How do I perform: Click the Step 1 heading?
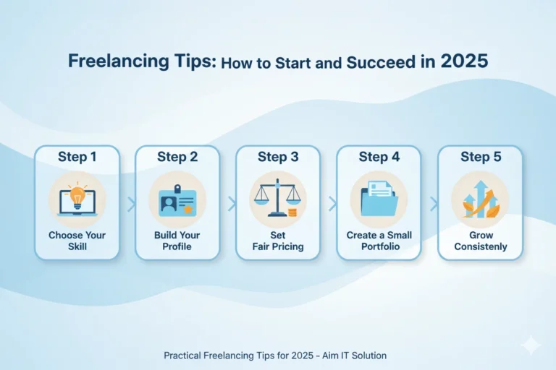point(77,157)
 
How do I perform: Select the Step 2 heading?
point(177,157)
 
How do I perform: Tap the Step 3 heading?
point(277,157)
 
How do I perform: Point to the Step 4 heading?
point(379,157)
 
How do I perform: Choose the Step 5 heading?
point(479,157)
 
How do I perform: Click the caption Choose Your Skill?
point(77,241)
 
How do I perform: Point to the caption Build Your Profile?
point(177,241)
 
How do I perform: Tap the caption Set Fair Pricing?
point(277,241)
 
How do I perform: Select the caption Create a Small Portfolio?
point(379,241)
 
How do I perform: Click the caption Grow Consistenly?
point(479,241)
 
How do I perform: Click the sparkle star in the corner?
point(531,345)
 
